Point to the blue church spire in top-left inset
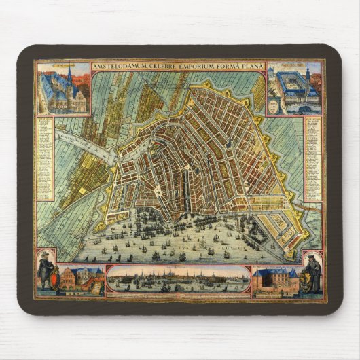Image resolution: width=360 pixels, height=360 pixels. tap(69, 75)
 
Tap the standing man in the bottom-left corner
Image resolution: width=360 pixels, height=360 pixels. tap(46, 269)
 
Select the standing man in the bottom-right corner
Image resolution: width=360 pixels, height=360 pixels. tap(312, 269)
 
